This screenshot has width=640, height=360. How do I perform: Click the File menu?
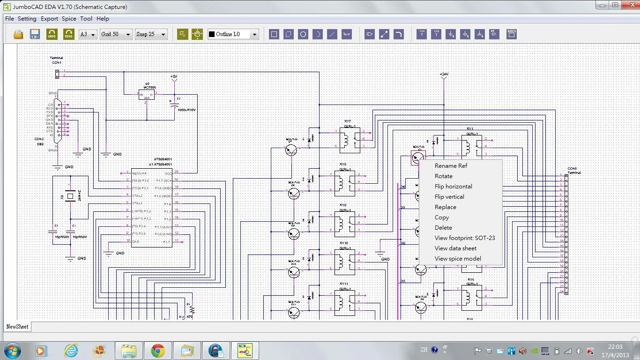point(9,19)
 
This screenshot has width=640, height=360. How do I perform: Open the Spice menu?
point(69,19)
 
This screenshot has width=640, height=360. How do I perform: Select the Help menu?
point(103,19)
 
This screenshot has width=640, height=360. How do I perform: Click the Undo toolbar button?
point(52,34)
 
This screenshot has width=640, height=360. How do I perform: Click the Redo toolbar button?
point(69,34)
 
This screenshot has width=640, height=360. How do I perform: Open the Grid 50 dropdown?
point(116,34)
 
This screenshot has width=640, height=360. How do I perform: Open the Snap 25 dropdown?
point(151,34)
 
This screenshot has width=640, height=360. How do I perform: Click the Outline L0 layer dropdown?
point(233,34)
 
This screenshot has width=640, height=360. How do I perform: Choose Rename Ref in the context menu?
point(451,166)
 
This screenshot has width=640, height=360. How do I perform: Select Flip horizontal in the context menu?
point(453,187)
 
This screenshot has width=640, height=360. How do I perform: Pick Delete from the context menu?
point(443,228)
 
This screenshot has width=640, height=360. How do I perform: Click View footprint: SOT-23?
point(464,238)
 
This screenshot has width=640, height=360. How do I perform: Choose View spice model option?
point(458,259)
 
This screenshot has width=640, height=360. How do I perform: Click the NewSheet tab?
point(17,327)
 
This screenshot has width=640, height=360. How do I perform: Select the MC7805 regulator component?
point(146,95)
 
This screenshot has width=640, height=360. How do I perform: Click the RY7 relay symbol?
point(350,140)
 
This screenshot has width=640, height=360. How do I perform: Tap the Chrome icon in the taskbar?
point(158,351)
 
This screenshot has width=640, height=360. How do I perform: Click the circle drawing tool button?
point(303,34)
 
